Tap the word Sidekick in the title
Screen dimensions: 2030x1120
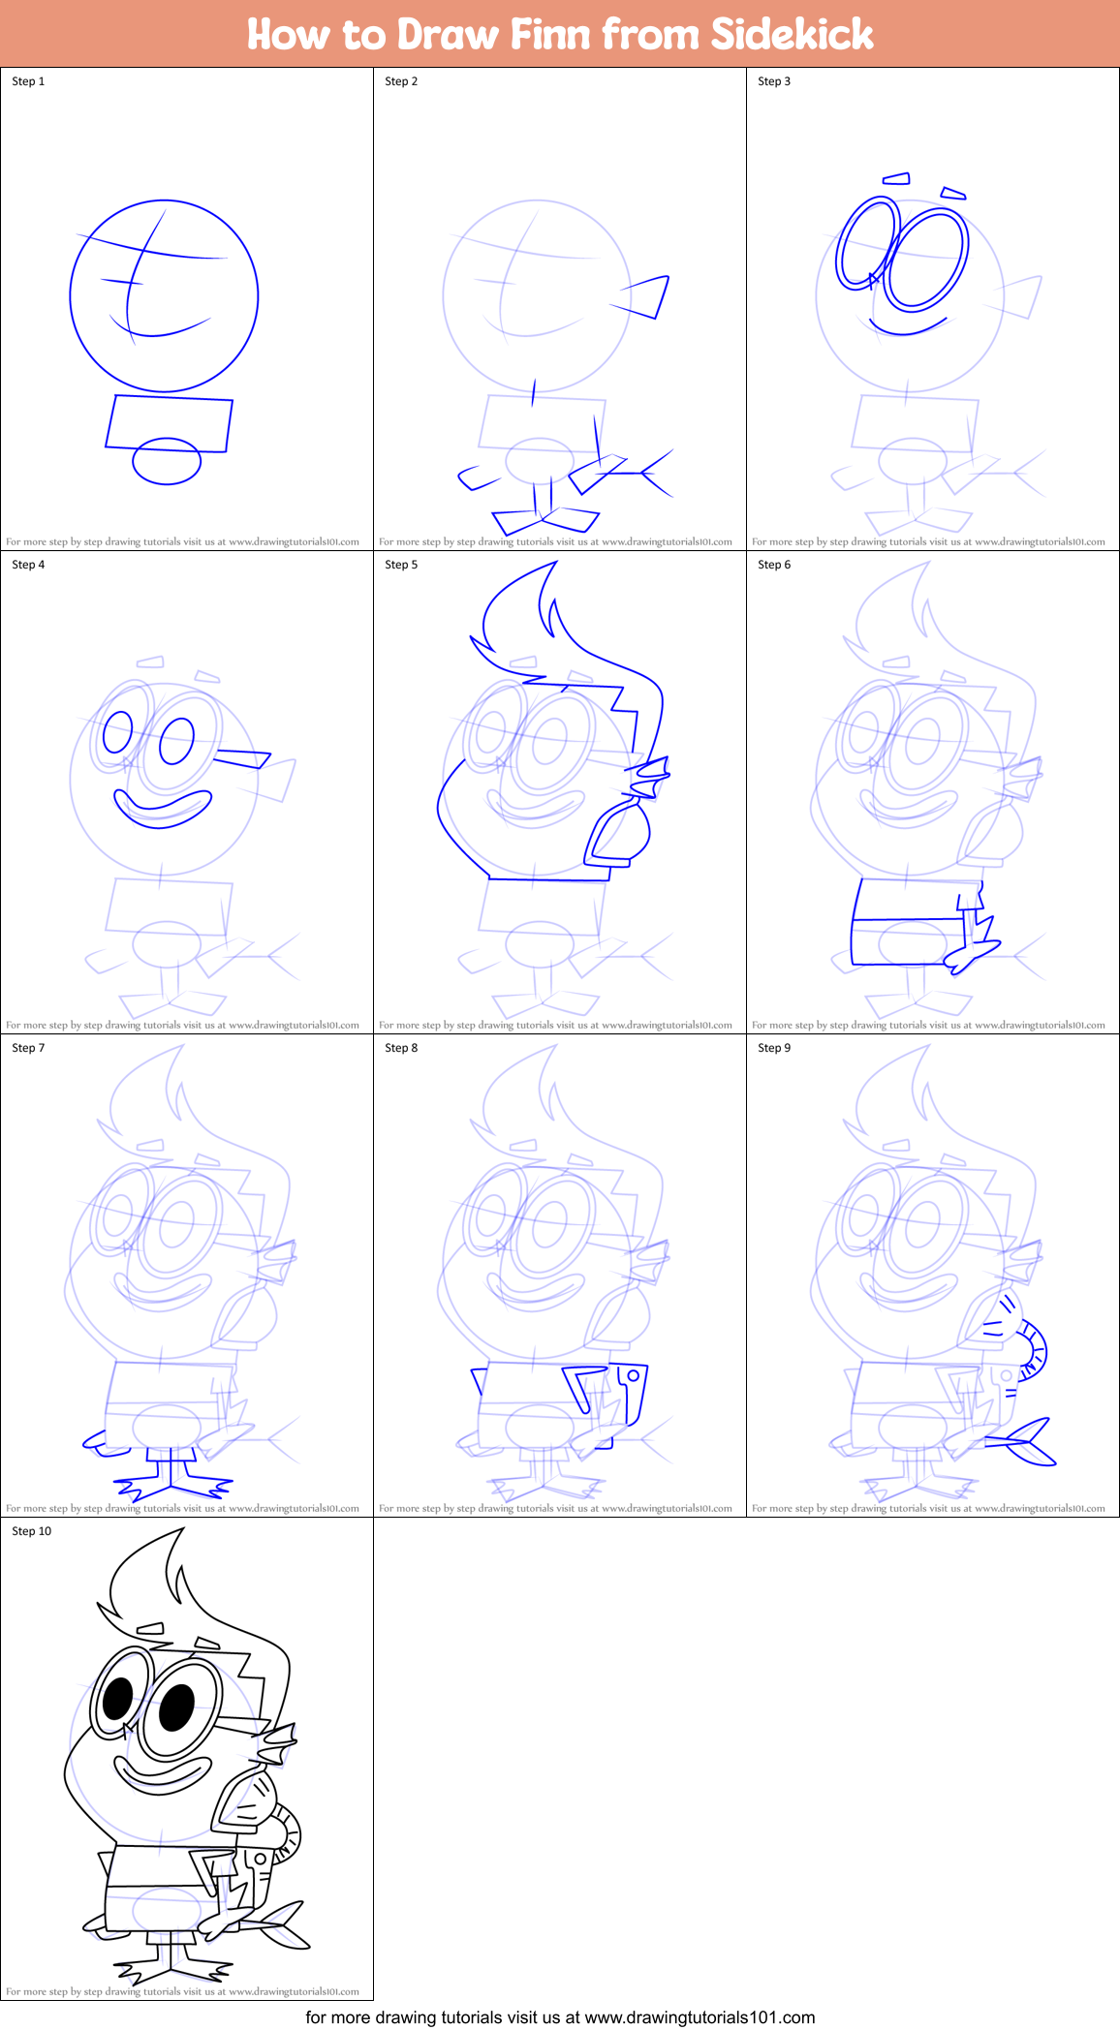[792, 34]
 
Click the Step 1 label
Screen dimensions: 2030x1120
[28, 81]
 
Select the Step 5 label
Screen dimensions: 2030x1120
[401, 565]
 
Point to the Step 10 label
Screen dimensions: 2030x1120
[31, 1531]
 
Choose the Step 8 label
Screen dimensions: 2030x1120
[401, 1048]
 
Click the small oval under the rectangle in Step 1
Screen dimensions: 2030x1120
[167, 461]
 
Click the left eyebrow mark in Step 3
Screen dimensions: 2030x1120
[896, 178]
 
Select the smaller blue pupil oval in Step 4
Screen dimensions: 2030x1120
[117, 732]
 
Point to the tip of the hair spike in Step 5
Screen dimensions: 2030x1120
[556, 564]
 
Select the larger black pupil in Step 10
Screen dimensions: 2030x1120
[176, 1707]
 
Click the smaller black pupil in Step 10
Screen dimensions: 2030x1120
[117, 1698]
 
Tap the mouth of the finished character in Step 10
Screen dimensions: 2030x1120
[163, 1774]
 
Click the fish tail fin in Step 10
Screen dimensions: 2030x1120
[284, 1925]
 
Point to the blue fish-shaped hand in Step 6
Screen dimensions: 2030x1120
[972, 952]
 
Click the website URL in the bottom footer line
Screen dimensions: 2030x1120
[700, 2017]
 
